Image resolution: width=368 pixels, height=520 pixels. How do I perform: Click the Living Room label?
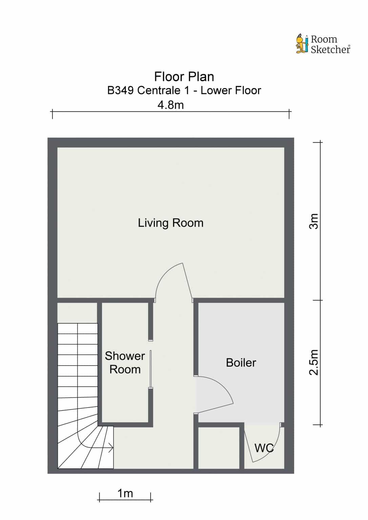point(171,223)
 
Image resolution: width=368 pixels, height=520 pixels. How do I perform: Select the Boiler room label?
point(241,363)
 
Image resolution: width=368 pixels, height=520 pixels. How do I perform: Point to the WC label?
point(264,448)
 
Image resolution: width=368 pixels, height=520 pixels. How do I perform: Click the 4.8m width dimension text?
point(171,105)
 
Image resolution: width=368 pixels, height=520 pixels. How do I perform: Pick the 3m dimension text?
point(314,221)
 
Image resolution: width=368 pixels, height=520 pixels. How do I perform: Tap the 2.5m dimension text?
point(314,362)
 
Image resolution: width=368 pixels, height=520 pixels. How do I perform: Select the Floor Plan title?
point(184,77)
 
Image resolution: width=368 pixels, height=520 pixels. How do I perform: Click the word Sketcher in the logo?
point(331,49)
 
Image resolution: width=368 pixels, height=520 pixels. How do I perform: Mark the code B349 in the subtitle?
point(120,90)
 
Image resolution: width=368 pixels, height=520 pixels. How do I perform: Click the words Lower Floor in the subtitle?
point(231,90)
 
